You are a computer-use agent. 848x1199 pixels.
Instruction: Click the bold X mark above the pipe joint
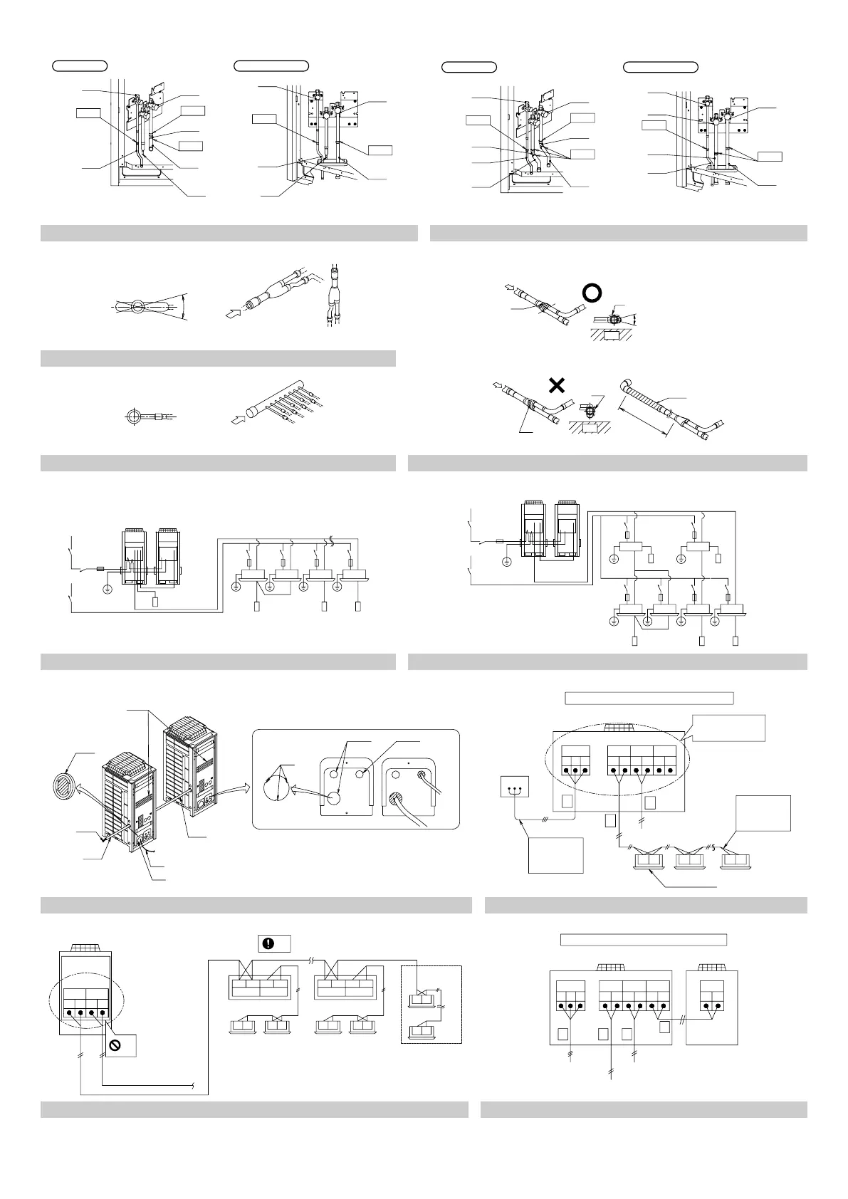(x=557, y=385)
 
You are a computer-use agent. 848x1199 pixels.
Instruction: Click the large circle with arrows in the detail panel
(x=276, y=783)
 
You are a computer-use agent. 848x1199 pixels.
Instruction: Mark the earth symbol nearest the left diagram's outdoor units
(x=107, y=588)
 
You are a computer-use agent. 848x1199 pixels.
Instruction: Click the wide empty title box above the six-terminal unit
(x=649, y=698)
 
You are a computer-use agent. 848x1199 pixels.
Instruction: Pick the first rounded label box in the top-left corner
(x=80, y=66)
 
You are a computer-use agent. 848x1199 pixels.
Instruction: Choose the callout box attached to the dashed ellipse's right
(x=728, y=728)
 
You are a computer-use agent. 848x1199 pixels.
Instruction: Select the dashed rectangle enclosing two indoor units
(x=431, y=1004)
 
